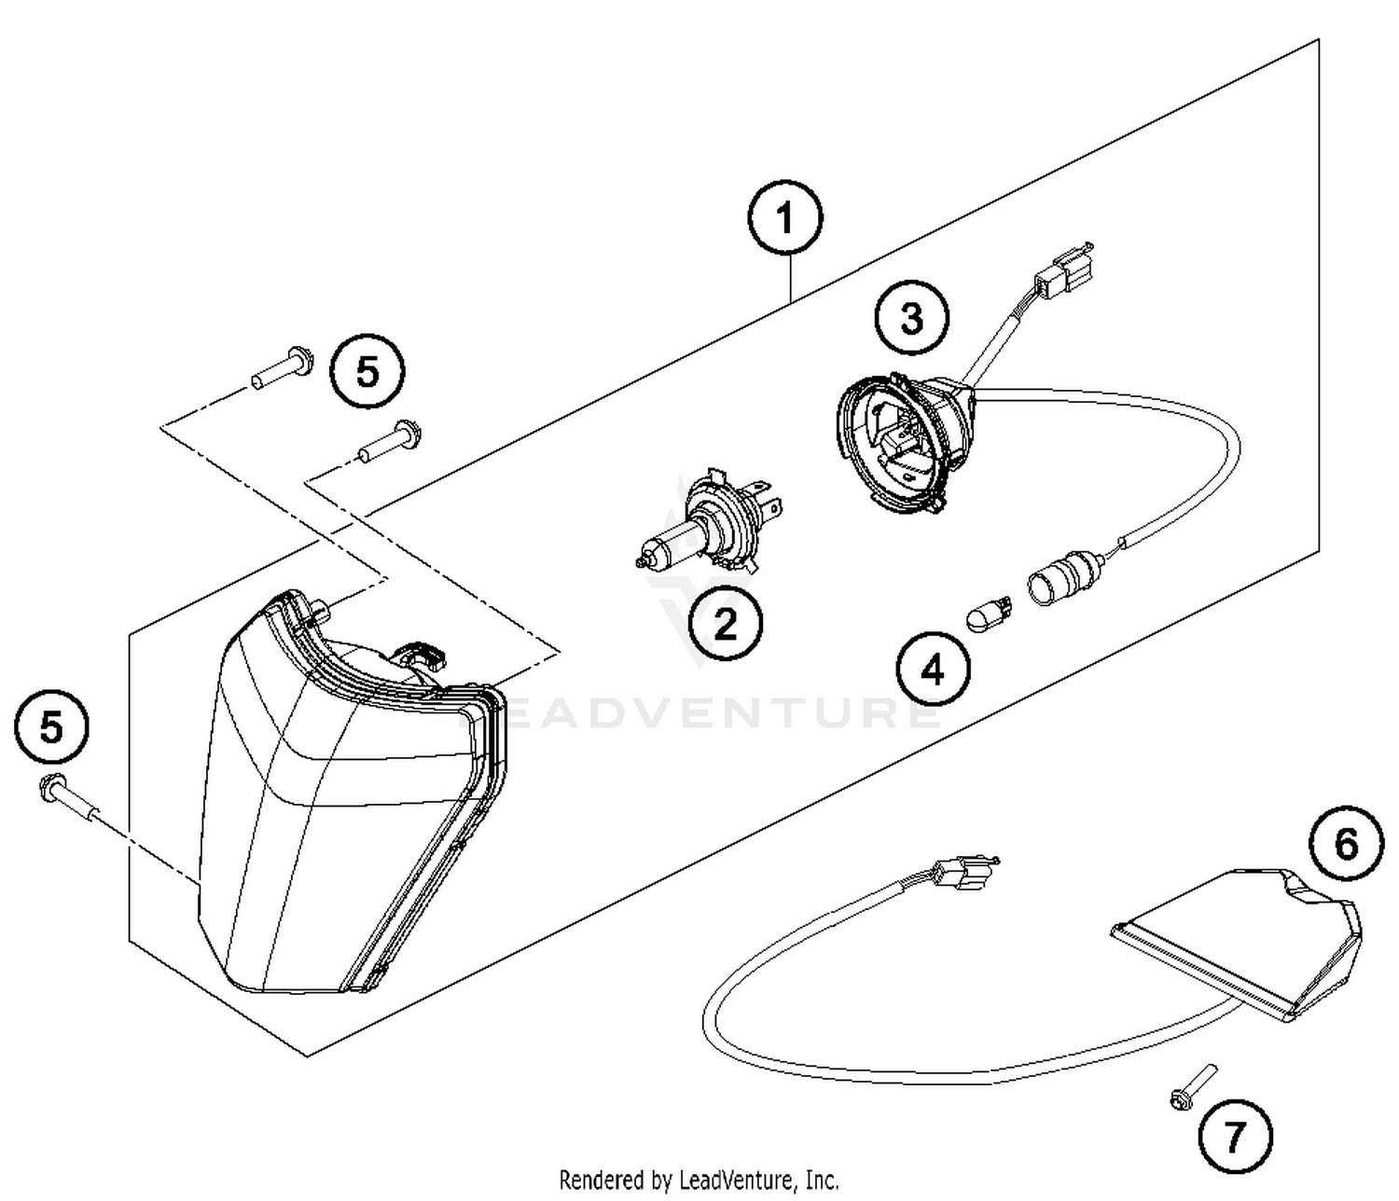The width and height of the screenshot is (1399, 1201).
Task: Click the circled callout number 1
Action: coord(785,219)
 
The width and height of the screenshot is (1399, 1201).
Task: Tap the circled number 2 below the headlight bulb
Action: coord(726,624)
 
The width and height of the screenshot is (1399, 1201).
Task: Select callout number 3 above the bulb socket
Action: coord(911,318)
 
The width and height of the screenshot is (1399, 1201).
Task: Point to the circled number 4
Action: coord(933,670)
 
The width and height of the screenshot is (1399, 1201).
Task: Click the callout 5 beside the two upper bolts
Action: coord(368,372)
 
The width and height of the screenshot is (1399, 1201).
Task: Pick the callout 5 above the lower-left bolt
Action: coord(52,726)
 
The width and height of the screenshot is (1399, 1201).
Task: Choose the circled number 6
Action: coord(1346,845)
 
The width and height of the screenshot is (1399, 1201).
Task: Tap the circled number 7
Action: coord(1235,1136)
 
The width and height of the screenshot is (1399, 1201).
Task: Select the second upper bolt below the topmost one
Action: coord(392,442)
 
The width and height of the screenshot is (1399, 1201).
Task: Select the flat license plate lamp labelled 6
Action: coord(1240,937)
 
